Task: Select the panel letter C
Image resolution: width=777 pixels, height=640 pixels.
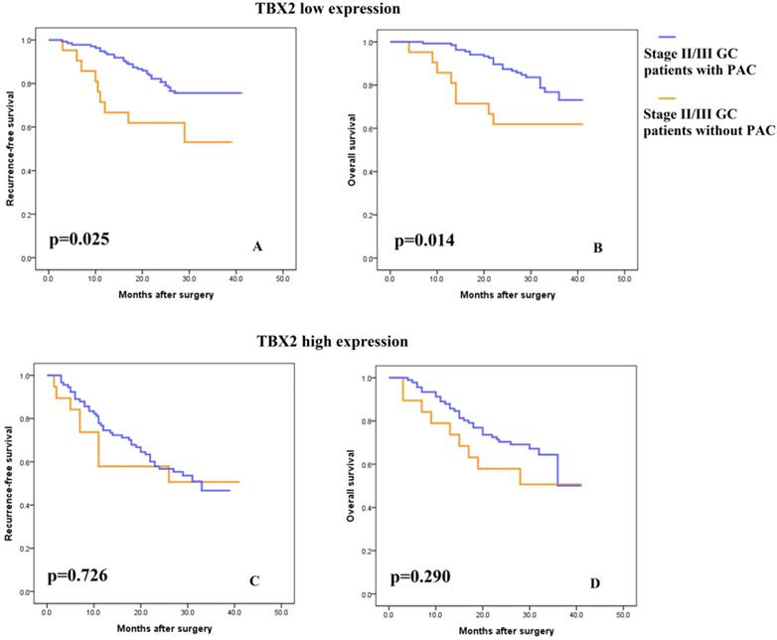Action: click(255, 581)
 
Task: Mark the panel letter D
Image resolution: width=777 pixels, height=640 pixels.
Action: click(595, 581)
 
